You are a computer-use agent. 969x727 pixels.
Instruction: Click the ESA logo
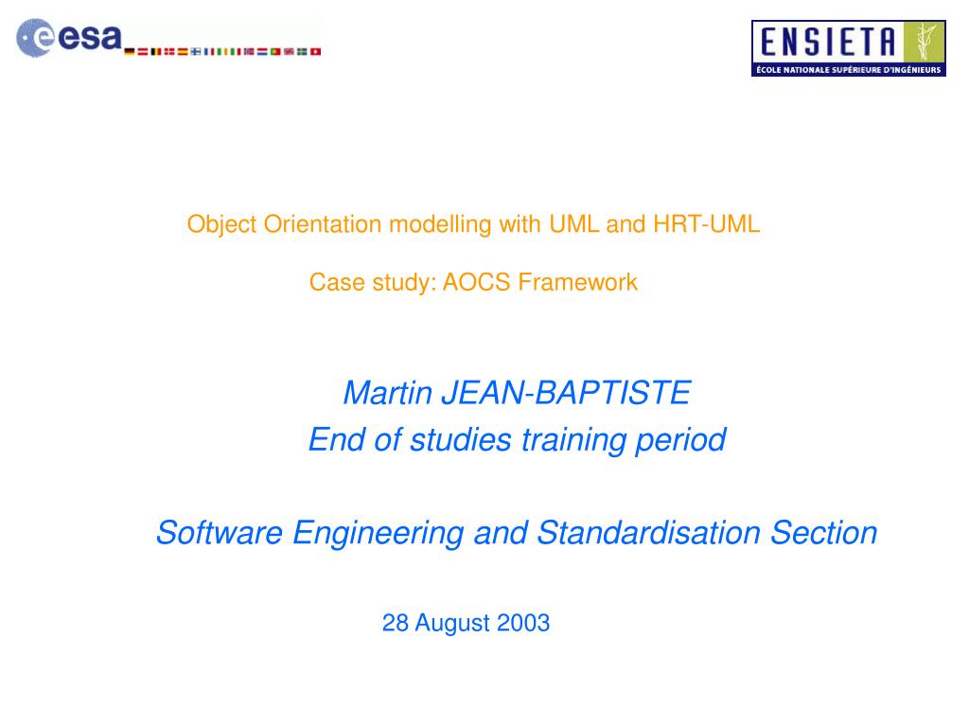71,39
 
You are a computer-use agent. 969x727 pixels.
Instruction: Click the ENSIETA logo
848,48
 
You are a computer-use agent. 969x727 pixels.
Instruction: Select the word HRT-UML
706,225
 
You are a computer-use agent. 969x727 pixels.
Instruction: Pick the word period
688,440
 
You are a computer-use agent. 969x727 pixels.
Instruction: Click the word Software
219,534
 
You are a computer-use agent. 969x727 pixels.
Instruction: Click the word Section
824,534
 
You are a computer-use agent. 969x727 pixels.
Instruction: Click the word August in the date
449,623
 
